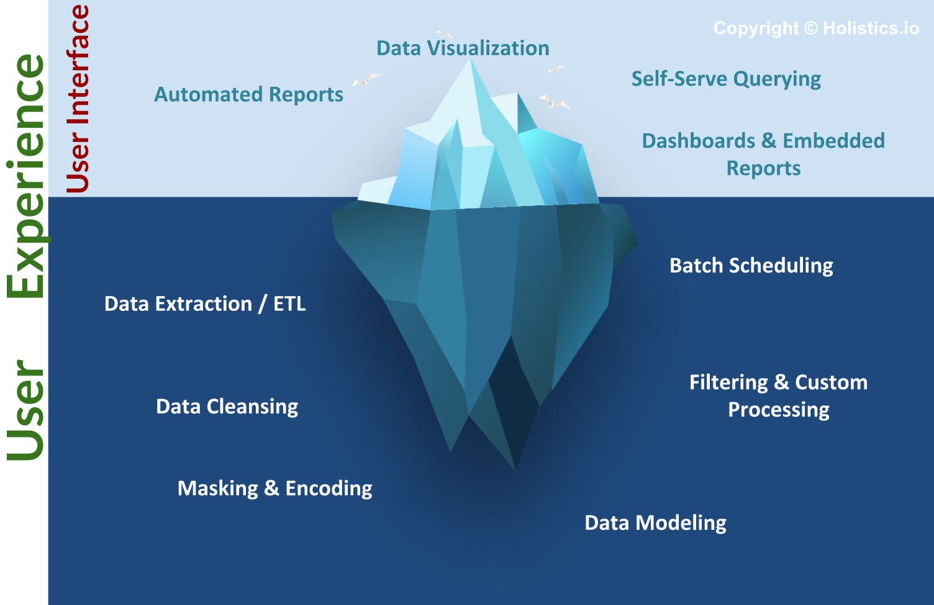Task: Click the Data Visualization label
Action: (463, 48)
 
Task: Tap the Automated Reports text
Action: (248, 94)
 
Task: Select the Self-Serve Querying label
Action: (726, 79)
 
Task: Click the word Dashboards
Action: (699, 141)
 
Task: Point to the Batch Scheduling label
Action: (751, 266)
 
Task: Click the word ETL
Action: (289, 304)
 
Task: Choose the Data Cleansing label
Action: (227, 406)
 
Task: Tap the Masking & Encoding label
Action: (274, 488)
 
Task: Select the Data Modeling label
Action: (655, 523)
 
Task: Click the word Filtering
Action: (728, 382)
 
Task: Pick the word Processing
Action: (778, 410)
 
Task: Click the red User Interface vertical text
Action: (78, 99)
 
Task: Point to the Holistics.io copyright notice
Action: (816, 29)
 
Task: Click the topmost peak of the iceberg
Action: (470, 60)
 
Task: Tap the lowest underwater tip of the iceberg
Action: (515, 469)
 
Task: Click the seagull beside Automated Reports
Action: (365, 79)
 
